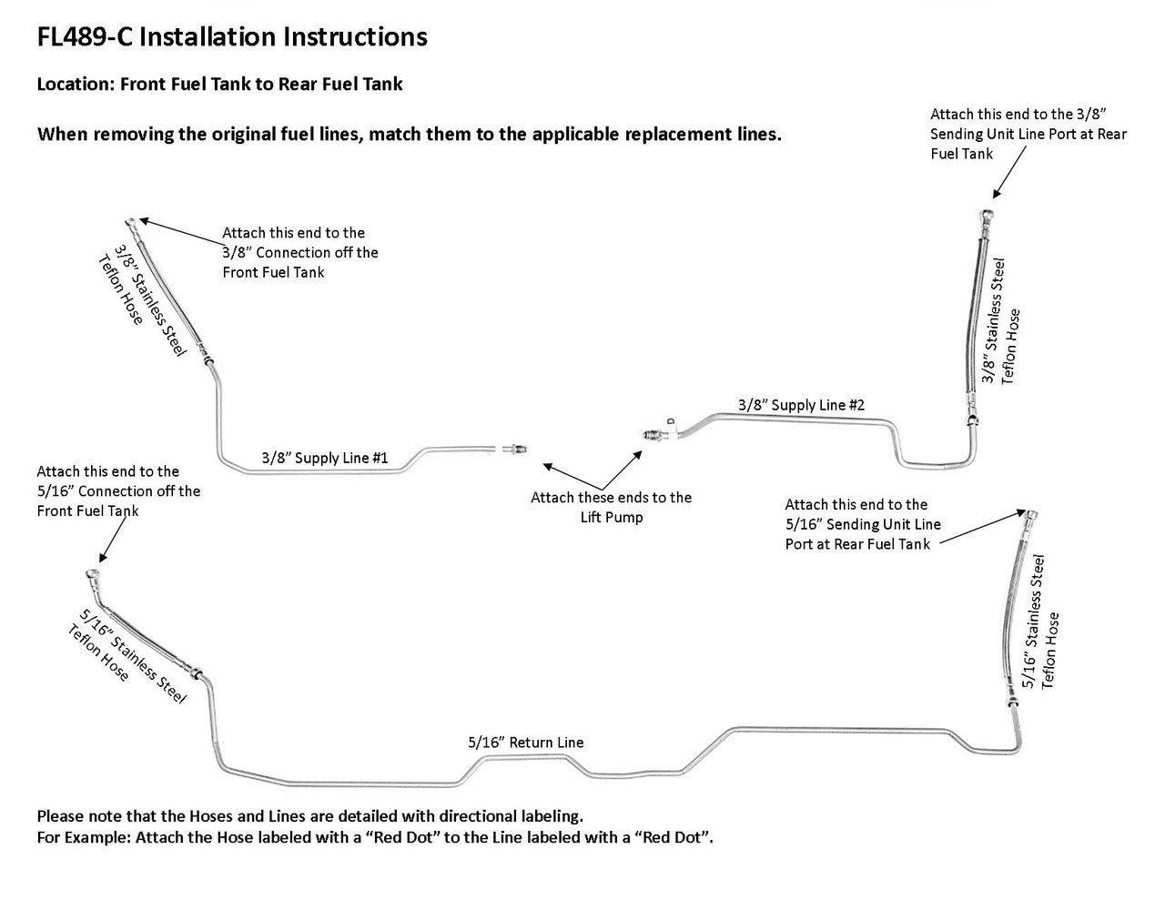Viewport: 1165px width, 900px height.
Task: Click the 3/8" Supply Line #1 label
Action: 324,458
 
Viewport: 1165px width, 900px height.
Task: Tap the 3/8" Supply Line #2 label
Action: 800,404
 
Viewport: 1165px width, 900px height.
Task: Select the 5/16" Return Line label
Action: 525,743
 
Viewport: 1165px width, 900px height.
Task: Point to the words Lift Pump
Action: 611,517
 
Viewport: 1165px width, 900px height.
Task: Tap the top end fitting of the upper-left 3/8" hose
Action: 133,220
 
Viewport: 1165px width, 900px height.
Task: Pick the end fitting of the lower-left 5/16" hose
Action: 92,576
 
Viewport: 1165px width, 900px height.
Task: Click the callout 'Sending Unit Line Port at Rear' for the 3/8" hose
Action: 1028,134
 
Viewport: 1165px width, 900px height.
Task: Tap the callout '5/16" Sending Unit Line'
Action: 862,524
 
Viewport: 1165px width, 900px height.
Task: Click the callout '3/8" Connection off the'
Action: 299,252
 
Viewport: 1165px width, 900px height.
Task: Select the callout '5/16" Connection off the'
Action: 118,491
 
